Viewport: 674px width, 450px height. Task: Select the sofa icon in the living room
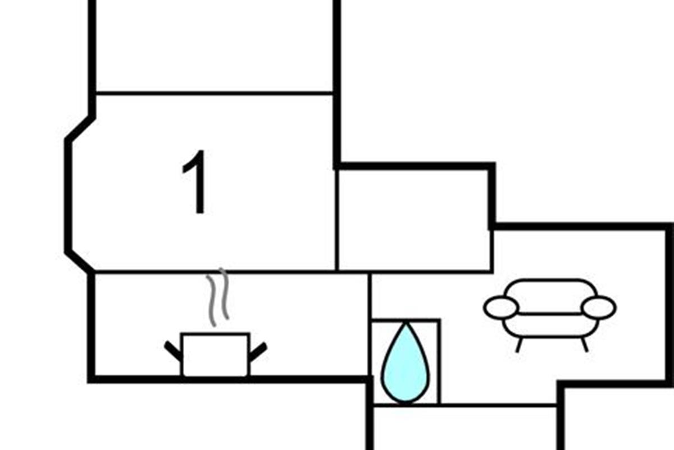pyautogui.click(x=550, y=310)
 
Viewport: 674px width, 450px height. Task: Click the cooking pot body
pyautogui.click(x=215, y=354)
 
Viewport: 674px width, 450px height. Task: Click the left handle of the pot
pyautogui.click(x=173, y=350)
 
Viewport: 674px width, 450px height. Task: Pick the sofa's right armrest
pyautogui.click(x=599, y=308)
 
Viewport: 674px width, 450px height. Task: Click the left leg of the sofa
pyautogui.click(x=519, y=345)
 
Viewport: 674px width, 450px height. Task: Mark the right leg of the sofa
pyautogui.click(x=584, y=345)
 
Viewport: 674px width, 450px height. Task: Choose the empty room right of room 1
pyautogui.click(x=414, y=219)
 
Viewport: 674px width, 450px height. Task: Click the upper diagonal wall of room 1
pyautogui.click(x=79, y=128)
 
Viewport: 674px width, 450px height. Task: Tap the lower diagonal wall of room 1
pyautogui.click(x=79, y=262)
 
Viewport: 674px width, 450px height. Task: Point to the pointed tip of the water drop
pyautogui.click(x=405, y=325)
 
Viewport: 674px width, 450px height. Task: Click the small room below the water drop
pyautogui.click(x=465, y=427)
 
